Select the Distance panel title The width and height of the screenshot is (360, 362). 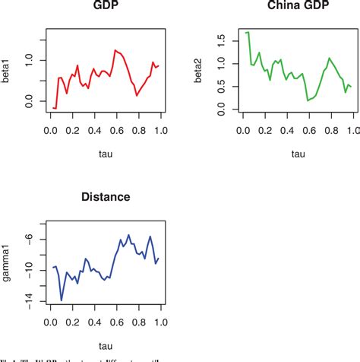[106, 197]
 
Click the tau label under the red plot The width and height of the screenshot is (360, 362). [106, 155]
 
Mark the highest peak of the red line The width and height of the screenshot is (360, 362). [115, 50]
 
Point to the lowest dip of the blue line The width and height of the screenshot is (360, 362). [62, 300]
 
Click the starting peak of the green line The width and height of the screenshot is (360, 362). [248, 32]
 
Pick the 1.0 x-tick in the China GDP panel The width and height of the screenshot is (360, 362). [352, 131]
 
